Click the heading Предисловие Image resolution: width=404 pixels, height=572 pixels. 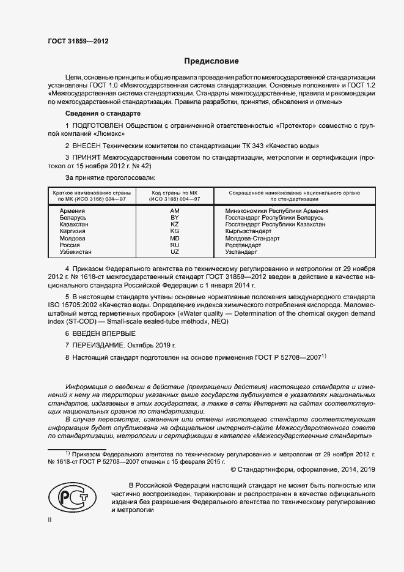[x=212, y=61]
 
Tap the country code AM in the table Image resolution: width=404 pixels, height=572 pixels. [x=174, y=211]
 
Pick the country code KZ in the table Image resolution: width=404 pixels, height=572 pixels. [x=174, y=225]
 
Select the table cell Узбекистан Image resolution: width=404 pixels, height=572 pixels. [x=76, y=251]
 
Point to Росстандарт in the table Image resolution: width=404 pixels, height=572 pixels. [x=237, y=245]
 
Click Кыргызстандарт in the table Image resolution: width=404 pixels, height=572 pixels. [x=244, y=231]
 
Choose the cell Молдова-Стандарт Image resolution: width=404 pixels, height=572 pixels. [x=248, y=238]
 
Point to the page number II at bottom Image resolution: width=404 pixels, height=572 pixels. [x=50, y=519]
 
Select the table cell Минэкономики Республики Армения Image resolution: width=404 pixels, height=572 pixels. [x=273, y=211]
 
